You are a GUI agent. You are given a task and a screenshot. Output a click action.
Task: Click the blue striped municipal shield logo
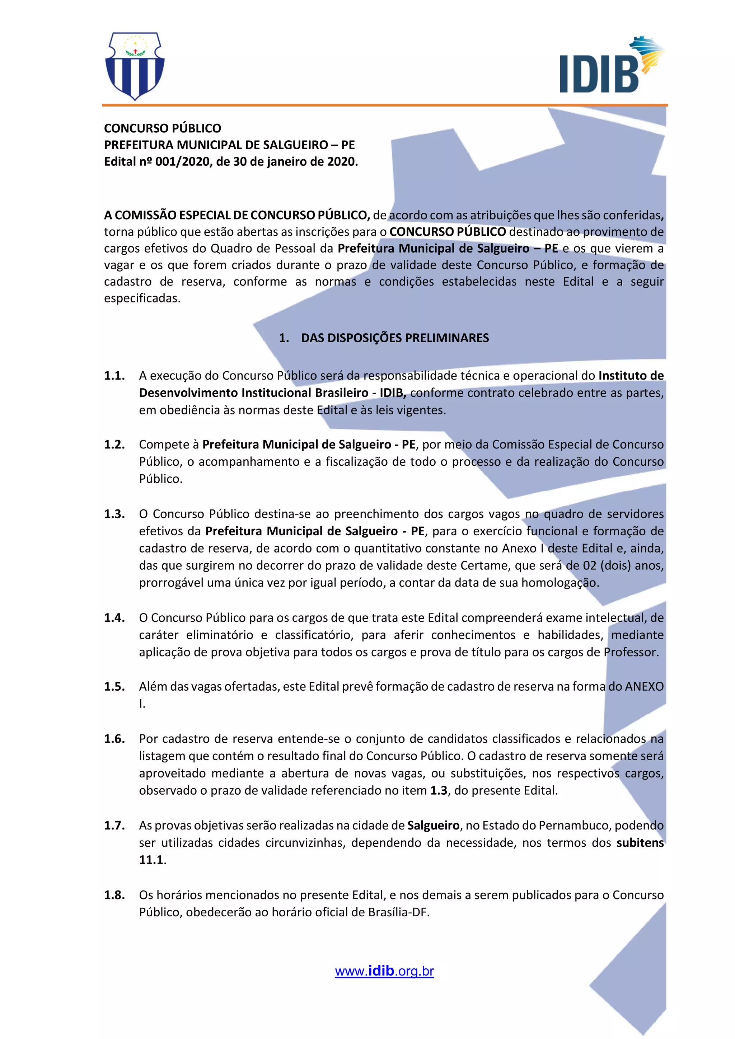tap(135, 66)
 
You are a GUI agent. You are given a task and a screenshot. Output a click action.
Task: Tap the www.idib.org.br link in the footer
tap(384, 971)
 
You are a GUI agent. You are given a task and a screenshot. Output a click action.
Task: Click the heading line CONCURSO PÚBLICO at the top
tap(163, 128)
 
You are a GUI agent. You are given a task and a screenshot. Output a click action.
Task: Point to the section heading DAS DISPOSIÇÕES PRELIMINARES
tap(395, 338)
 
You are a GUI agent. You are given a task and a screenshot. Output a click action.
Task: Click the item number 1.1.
tap(114, 376)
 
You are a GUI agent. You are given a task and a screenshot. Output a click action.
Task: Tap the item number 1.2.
tap(114, 445)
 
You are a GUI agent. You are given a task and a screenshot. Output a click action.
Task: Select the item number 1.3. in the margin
tap(114, 514)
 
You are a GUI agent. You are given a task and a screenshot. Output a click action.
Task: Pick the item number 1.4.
tap(114, 618)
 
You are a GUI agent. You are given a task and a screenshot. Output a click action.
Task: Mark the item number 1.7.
tap(114, 826)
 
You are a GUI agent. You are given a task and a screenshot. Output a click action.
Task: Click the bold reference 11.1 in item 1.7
tap(151, 860)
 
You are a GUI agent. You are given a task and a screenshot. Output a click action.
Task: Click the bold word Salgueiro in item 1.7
tap(433, 826)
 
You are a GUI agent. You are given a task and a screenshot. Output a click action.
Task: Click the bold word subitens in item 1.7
tap(640, 843)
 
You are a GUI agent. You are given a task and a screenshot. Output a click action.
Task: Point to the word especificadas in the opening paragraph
tap(142, 298)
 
